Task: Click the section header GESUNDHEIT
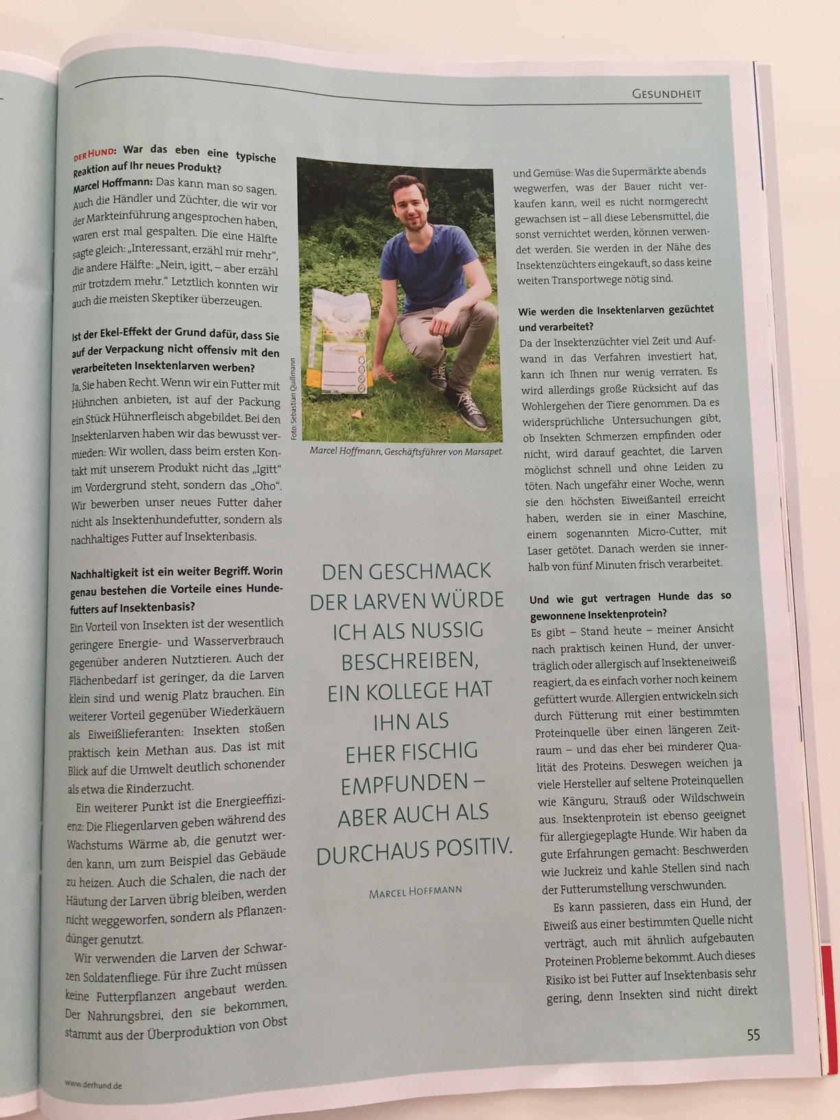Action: point(666,93)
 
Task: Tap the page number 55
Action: point(753,1034)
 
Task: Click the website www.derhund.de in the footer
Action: point(93,1084)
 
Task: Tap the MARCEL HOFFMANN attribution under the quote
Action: point(415,891)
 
